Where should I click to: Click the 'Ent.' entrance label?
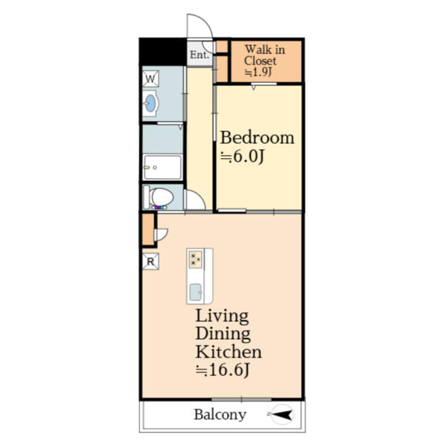(x=198, y=55)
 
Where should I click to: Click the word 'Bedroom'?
(x=257, y=138)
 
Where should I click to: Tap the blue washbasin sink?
(x=151, y=104)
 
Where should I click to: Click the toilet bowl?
(x=161, y=198)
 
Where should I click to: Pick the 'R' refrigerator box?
(x=150, y=261)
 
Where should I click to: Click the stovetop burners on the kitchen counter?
(x=196, y=260)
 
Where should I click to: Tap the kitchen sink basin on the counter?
(x=196, y=291)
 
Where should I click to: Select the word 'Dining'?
(x=222, y=334)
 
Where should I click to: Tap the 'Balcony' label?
(x=220, y=415)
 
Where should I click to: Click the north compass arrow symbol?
(x=283, y=415)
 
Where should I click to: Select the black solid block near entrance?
(x=162, y=52)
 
